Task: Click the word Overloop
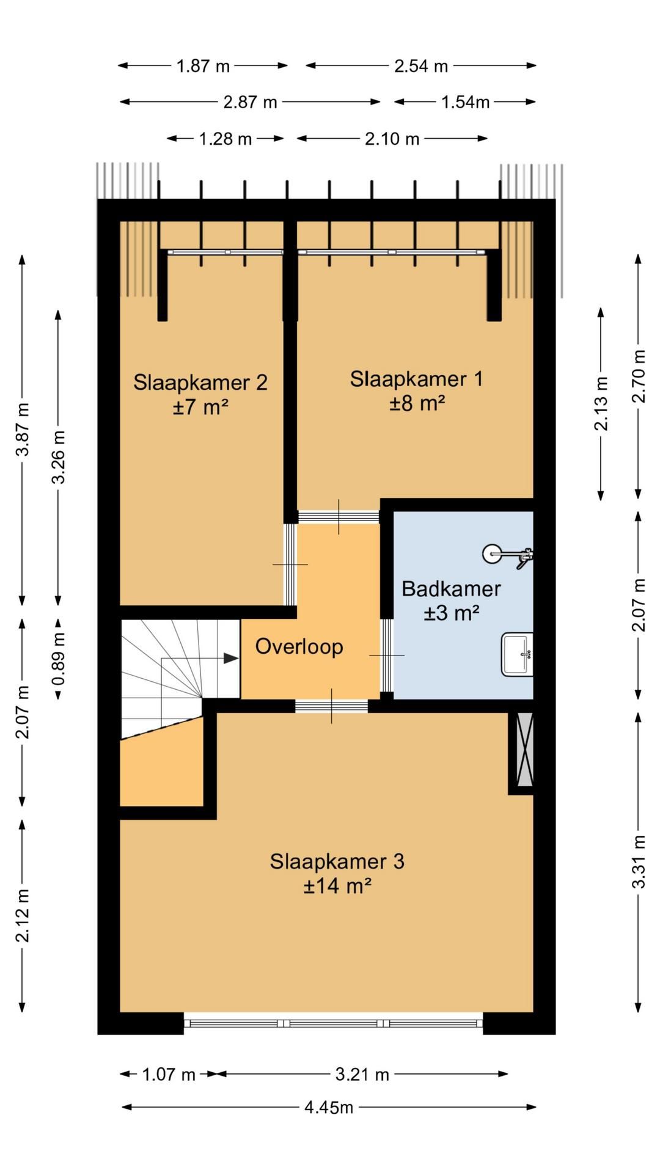(299, 646)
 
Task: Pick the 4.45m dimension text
(329, 1108)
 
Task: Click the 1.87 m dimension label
(203, 66)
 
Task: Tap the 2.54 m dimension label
(420, 66)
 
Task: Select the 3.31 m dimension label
(639, 861)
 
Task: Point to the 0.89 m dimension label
(59, 659)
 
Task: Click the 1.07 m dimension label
(168, 1074)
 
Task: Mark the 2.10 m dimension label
(392, 139)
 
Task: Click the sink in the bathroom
(517, 654)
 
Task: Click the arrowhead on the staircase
(231, 658)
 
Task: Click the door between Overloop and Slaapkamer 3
(332, 706)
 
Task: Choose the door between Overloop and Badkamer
(387, 655)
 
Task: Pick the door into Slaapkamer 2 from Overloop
(290, 565)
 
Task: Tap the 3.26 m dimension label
(59, 457)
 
